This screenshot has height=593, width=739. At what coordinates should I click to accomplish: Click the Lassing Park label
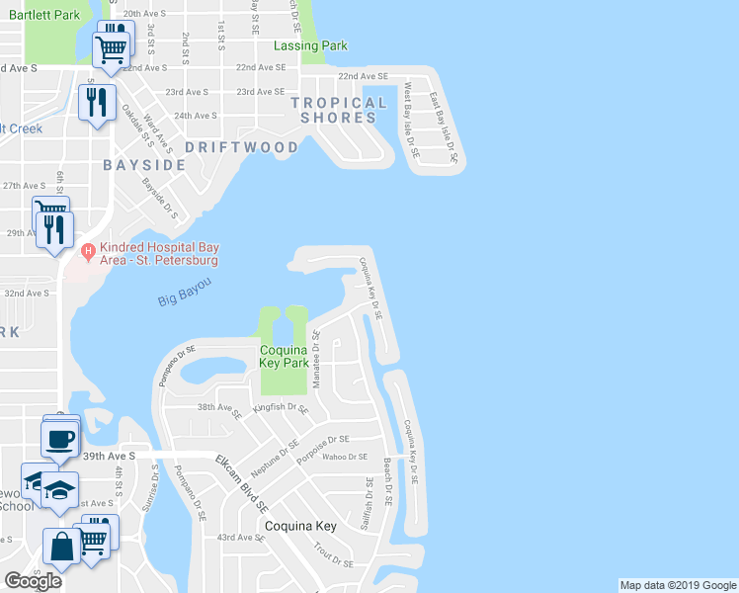pos(310,45)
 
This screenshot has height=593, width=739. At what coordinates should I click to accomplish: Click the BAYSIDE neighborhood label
pos(144,164)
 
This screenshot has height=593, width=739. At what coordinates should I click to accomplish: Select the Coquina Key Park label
pos(285,356)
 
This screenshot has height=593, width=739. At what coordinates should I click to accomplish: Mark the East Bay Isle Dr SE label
pos(446,127)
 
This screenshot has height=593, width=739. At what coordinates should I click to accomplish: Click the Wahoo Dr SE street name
pos(345,457)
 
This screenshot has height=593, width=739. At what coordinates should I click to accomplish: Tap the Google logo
pos(34,581)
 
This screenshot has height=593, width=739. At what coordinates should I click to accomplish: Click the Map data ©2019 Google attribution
pos(677,585)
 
